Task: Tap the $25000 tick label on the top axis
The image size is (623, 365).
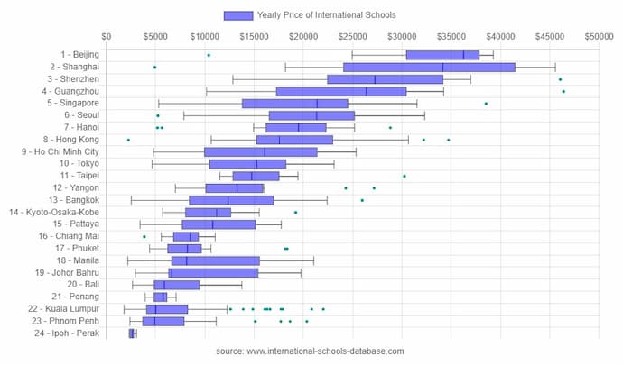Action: [x=352, y=37]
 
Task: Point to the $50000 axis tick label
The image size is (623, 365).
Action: [x=598, y=37]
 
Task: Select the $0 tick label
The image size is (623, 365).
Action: [x=107, y=37]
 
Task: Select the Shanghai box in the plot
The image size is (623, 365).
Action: [x=429, y=67]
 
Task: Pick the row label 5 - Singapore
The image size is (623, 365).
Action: [x=73, y=103]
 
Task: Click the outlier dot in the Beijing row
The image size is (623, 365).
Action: [x=209, y=55]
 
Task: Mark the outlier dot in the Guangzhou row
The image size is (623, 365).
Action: [x=563, y=91]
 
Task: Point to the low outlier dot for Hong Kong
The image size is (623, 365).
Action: [x=128, y=140]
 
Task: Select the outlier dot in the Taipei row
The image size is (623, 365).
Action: [x=404, y=176]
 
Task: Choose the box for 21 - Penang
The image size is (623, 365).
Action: [x=160, y=297]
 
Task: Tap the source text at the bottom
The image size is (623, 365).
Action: [x=311, y=351]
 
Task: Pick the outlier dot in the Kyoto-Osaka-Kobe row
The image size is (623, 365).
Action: [x=295, y=213]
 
